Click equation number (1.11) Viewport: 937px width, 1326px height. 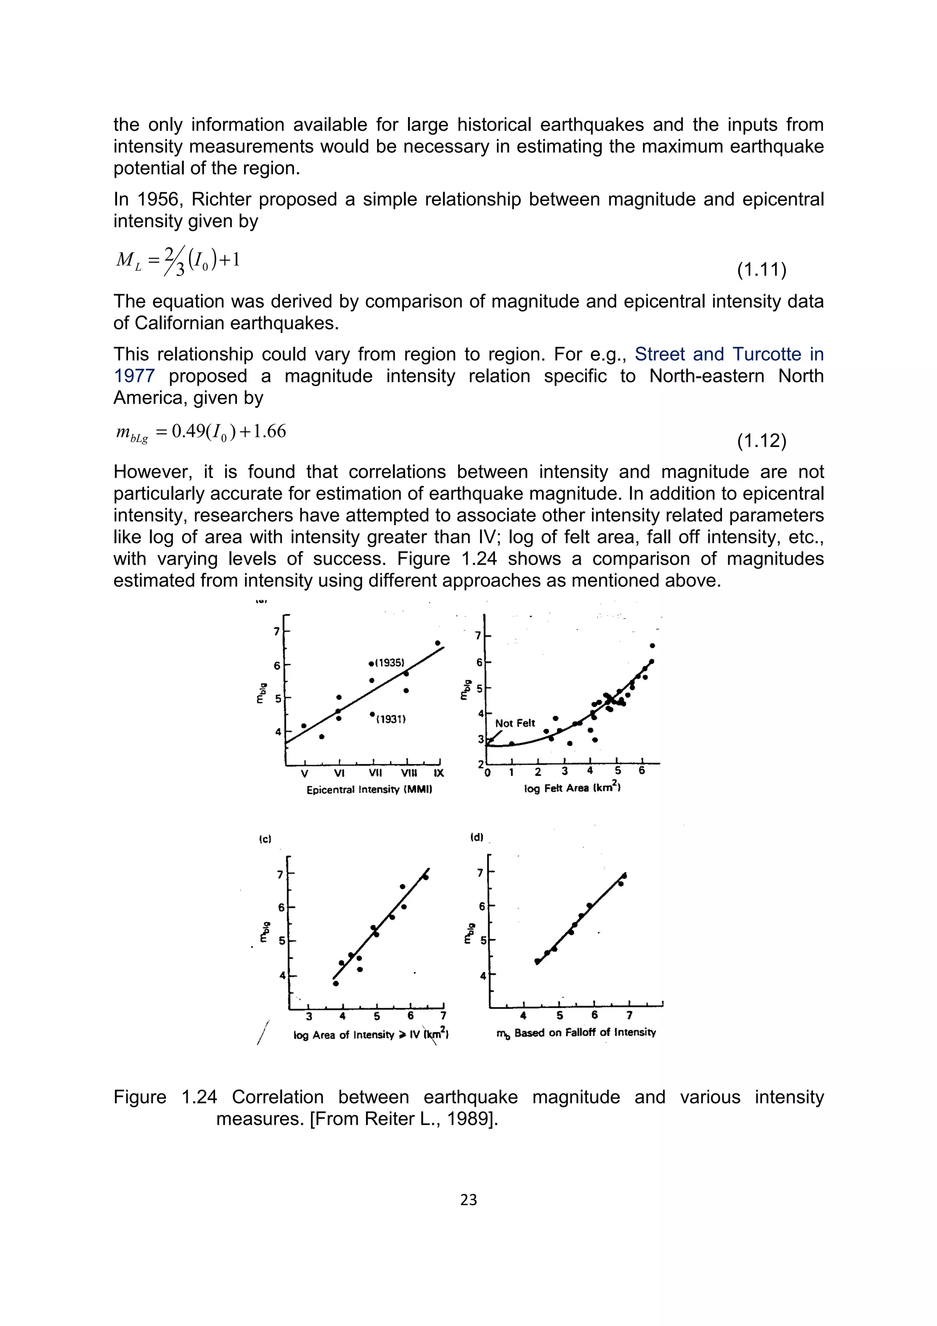(x=761, y=270)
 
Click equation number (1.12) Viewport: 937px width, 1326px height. (x=761, y=441)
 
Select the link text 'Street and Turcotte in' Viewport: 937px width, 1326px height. (x=728, y=354)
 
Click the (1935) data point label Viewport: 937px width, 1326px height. (x=389, y=663)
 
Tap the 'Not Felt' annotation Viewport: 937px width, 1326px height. (x=515, y=723)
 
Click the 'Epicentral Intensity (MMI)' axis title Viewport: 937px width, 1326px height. (x=370, y=789)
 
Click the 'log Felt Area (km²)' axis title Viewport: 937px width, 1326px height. (x=571, y=788)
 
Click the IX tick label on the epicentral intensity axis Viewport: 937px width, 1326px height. (x=439, y=773)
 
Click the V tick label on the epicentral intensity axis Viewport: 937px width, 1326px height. (x=305, y=773)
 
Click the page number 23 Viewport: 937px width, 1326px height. (x=468, y=1200)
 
